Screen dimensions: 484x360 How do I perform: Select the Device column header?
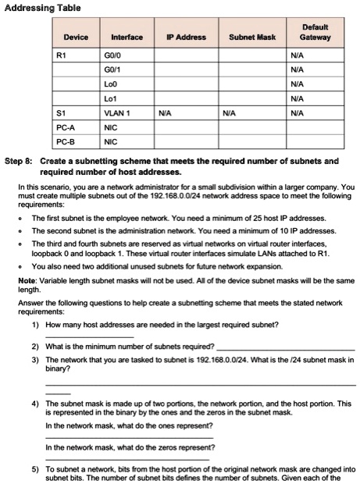pos(76,37)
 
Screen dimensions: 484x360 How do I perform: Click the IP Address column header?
pos(187,37)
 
